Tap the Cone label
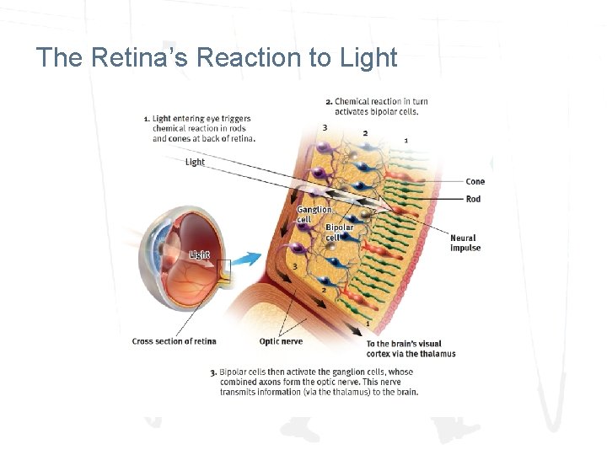[475, 181]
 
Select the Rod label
[474, 199]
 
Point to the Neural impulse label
[465, 243]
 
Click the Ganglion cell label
[314, 214]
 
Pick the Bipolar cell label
[339, 232]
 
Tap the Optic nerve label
[281, 341]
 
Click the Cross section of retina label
[174, 341]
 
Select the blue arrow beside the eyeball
[248, 258]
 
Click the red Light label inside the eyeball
[199, 254]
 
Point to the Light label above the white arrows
[195, 162]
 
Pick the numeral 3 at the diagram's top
[325, 127]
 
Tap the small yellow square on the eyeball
[223, 270]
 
